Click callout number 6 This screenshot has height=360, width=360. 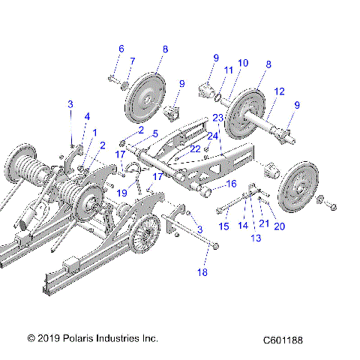[x=121, y=49]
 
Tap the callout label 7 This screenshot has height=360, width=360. [x=133, y=61]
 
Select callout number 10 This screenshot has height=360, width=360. [x=242, y=64]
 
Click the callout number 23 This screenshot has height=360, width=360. [x=217, y=118]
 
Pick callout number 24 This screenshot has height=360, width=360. [x=213, y=136]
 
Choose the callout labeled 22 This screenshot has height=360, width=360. [x=196, y=148]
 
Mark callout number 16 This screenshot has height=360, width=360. [x=231, y=183]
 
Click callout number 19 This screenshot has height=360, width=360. [x=121, y=193]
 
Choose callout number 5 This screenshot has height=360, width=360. [x=155, y=133]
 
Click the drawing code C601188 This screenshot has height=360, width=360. [x=287, y=340]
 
